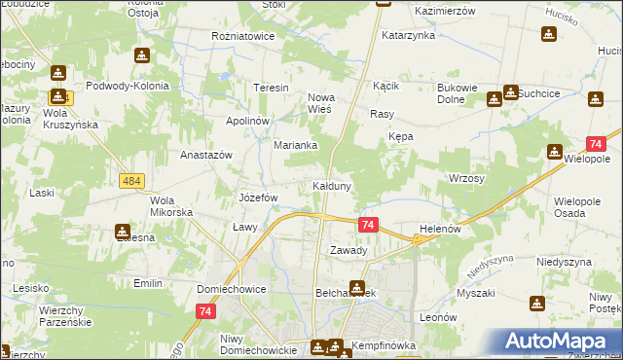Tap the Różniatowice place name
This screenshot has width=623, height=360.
pos(243,36)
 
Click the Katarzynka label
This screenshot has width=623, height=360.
pos(408,35)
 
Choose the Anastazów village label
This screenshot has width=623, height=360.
pos(206,155)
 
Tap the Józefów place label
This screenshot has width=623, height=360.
pos(259,198)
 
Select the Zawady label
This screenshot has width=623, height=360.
pos(348,250)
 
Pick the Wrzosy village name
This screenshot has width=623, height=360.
pos(466,179)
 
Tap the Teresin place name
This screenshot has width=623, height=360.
pos(272,88)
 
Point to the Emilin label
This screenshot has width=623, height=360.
pos(148,283)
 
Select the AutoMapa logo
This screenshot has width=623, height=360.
pos(561,341)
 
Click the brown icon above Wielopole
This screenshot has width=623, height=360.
pos(555,152)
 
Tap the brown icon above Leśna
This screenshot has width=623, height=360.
pos(124,233)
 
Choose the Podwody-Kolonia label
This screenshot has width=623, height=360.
pos(128,86)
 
